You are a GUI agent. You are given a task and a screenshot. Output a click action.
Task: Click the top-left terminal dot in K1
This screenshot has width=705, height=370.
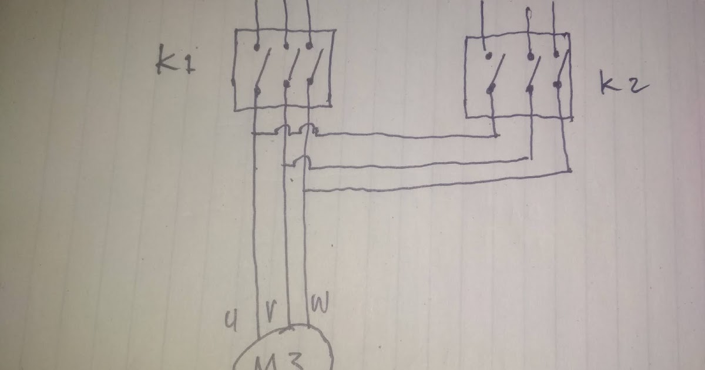(x=256, y=45)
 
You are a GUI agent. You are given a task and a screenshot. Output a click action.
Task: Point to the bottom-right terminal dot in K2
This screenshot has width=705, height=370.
(x=558, y=85)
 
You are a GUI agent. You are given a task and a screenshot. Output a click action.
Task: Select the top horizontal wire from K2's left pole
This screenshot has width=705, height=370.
(x=405, y=137)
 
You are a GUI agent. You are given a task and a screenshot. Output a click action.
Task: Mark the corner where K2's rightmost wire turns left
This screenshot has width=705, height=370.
(x=569, y=171)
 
